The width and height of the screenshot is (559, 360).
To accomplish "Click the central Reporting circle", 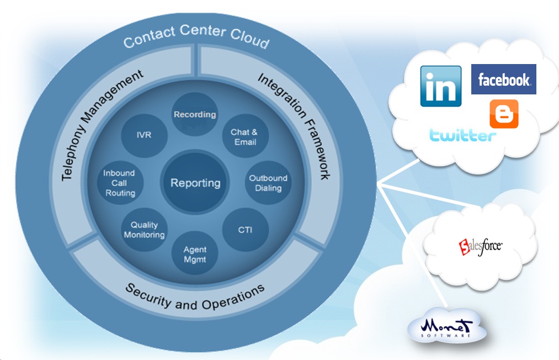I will pos(195,183).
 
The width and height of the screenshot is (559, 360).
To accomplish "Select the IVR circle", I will pos(144,135).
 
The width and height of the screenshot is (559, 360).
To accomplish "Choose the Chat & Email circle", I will pos(244,137).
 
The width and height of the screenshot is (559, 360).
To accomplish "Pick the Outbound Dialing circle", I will pos(268,183).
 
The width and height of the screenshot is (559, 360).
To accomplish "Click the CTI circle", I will pos(245,230).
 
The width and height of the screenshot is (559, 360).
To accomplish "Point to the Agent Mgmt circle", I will pos(195,253).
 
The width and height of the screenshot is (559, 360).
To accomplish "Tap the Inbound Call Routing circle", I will pos(120,183).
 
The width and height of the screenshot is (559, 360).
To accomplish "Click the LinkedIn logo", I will pos(441,86).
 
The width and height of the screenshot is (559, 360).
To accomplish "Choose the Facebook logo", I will pos(504,80).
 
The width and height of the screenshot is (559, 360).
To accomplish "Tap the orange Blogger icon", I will pos(504,114).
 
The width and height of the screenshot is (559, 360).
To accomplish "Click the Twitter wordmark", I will pos(462,135).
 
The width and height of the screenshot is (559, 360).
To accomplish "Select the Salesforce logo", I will pos(481,246).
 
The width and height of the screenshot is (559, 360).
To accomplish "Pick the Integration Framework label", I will pos(294,127).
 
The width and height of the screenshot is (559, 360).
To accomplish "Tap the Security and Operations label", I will pos(195,296).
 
